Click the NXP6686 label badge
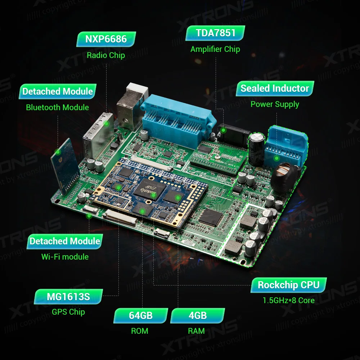pyautogui.click(x=106, y=39)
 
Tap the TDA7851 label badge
pyautogui.click(x=216, y=33)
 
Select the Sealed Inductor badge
pyautogui.click(x=275, y=89)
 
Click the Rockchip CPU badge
pyautogui.click(x=289, y=285)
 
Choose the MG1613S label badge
pyautogui.click(x=68, y=297)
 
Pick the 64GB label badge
pyautogui.click(x=141, y=316)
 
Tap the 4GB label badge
pyautogui.click(x=198, y=316)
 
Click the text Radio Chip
pyautogui.click(x=106, y=55)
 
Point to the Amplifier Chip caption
pyautogui.click(x=215, y=49)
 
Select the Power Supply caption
pyautogui.click(x=275, y=104)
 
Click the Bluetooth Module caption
pyautogui.click(x=58, y=107)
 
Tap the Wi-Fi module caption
pyautogui.click(x=65, y=257)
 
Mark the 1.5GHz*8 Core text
pyautogui.click(x=288, y=301)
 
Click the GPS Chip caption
pyautogui.click(x=68, y=312)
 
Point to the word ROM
pyautogui.click(x=140, y=331)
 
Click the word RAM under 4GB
pyautogui.click(x=196, y=331)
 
